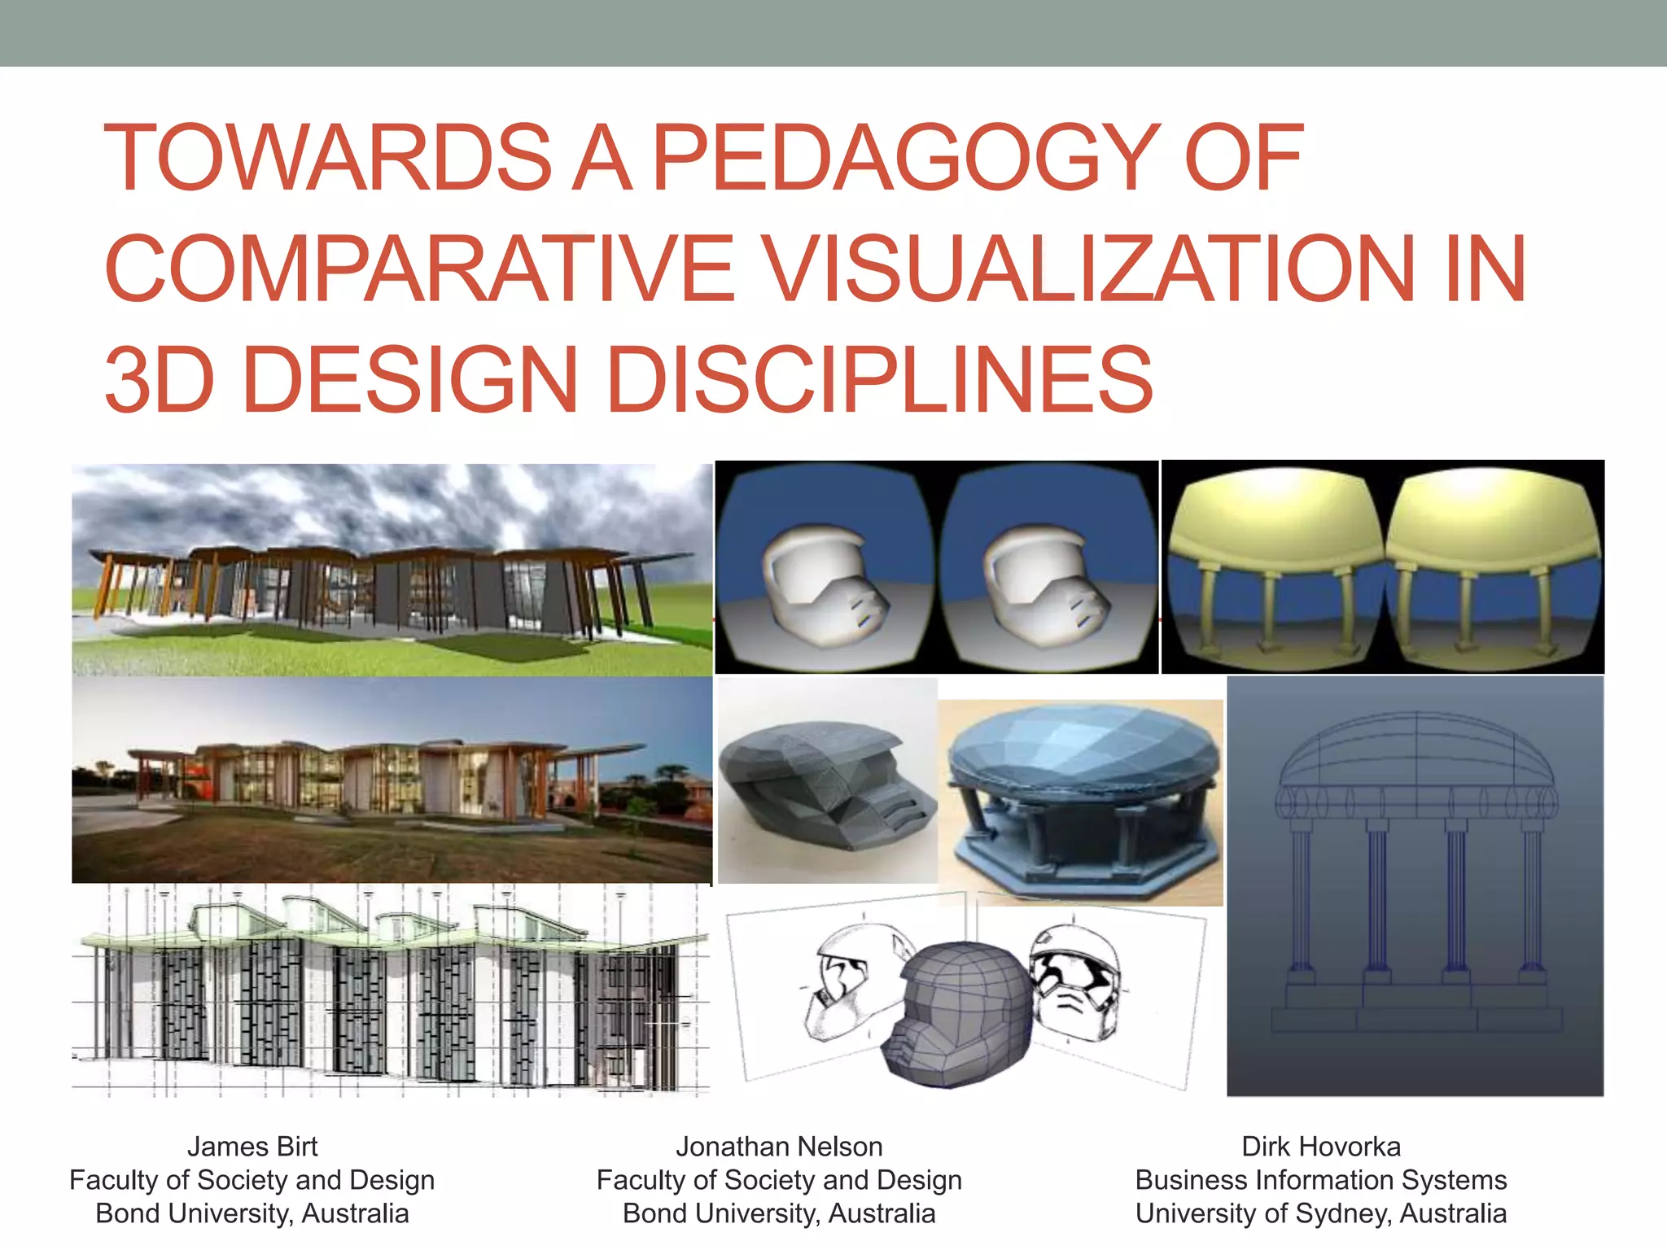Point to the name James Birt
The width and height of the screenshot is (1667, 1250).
tap(252, 1147)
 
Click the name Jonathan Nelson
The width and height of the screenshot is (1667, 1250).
tap(779, 1147)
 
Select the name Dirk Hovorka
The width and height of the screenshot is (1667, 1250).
tap(1321, 1147)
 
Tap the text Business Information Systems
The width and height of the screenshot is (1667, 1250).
tap(1321, 1180)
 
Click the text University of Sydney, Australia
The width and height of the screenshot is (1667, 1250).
tap(1321, 1213)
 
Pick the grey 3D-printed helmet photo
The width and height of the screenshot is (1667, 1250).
tap(826, 781)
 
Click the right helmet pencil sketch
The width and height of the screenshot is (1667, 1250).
tap(1074, 977)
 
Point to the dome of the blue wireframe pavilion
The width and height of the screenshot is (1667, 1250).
tap(1416, 753)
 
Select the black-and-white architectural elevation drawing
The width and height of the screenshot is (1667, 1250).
tap(391, 993)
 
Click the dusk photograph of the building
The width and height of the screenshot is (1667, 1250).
tap(391, 780)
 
